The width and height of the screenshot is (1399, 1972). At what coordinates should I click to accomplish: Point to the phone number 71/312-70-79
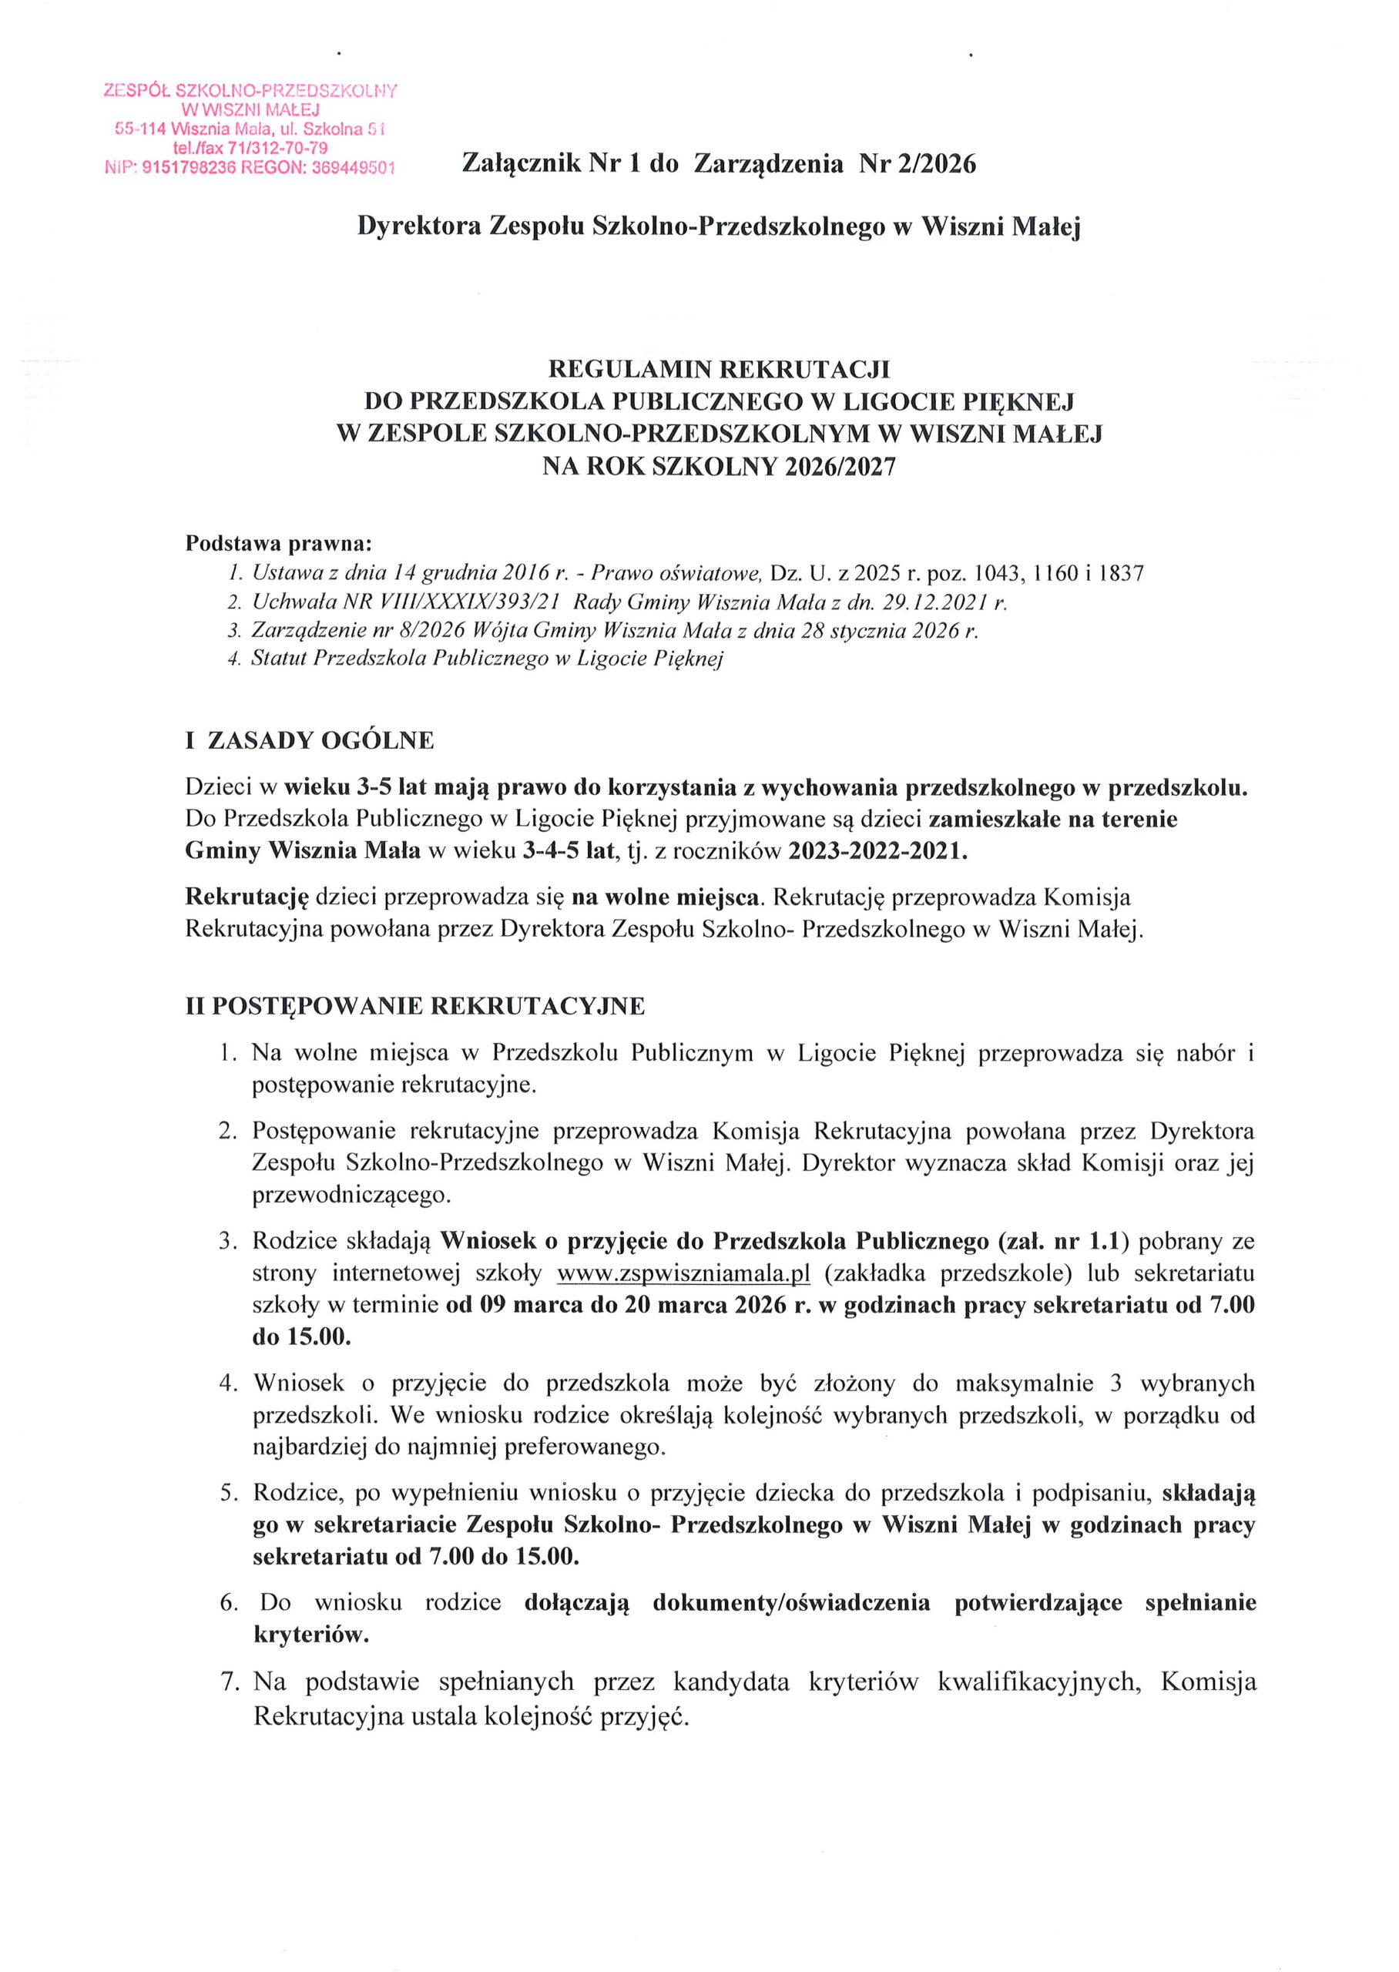pos(277,148)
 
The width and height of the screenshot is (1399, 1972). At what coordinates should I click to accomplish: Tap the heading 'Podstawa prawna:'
pos(279,545)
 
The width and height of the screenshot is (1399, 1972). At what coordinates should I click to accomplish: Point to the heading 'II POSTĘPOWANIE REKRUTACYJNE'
pos(415,1007)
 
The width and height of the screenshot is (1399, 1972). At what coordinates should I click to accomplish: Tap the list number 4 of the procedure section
pos(227,1383)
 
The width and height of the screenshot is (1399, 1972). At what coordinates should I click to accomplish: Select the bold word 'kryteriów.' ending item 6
pos(310,1635)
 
